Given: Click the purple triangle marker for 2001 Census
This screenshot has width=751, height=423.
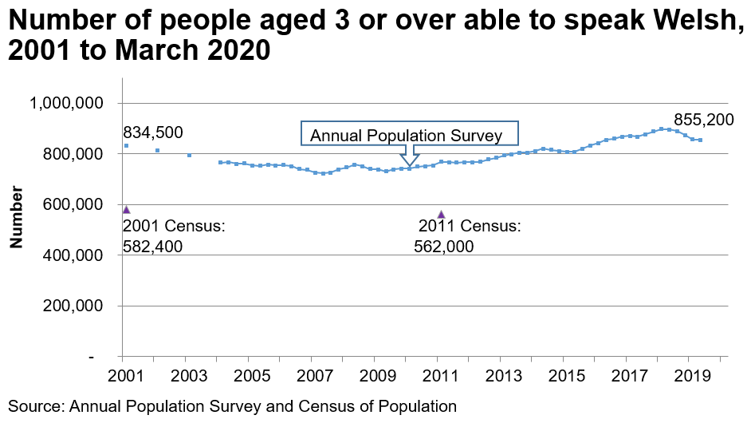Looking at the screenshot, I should pos(126,209).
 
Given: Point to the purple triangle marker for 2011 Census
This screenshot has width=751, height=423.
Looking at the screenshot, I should pos(442,214).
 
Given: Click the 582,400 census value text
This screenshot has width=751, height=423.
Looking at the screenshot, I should pos(153,247).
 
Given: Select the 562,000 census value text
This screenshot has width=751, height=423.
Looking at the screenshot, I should pos(444,247).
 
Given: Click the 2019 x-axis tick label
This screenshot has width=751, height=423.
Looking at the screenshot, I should pos(690,376).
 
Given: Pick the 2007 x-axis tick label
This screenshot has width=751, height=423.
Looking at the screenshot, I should pos(312,376).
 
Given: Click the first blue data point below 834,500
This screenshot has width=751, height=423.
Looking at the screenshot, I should pos(126,146).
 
